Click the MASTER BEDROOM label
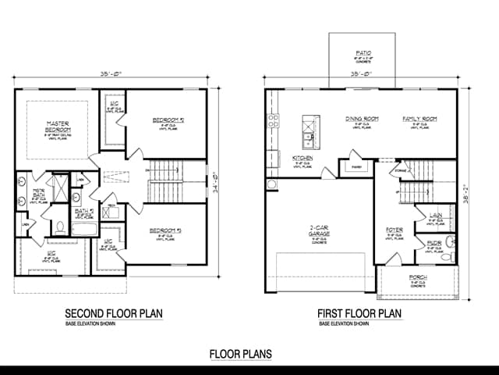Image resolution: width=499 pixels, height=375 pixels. point(58,127)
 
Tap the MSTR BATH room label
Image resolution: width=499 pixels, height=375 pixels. point(37,191)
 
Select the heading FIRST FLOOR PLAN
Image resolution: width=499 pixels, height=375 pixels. point(359,313)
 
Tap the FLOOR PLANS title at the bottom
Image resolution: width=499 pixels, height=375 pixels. point(241,354)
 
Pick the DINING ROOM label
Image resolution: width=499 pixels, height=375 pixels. point(363,119)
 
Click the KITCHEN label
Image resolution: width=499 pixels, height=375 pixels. point(303,158)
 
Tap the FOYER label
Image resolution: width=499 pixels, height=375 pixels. point(393,230)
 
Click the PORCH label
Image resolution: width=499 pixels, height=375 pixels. point(418,278)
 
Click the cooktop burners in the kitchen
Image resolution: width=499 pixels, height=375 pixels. point(273,121)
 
